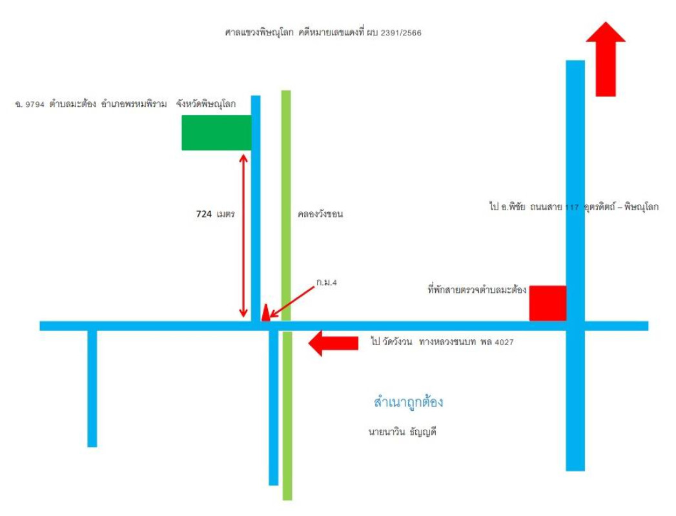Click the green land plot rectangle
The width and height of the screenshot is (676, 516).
point(216,133)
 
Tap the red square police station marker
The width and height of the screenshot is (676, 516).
point(548,303)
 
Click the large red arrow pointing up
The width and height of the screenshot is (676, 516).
point(606,59)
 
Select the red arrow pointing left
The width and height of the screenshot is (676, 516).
point(333,343)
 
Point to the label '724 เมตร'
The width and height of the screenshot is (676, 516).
point(215,214)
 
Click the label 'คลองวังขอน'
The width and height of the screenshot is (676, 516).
point(320,214)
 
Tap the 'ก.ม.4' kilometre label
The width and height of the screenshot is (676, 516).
point(326,283)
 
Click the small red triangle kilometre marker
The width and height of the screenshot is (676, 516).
point(265,313)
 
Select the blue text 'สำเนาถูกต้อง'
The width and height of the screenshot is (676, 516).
point(408,402)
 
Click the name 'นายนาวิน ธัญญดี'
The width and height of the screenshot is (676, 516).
point(402,432)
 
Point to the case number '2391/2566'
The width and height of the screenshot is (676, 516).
point(401,33)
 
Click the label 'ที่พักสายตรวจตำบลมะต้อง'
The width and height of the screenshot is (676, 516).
point(477,290)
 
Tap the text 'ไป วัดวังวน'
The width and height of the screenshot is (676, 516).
point(391,342)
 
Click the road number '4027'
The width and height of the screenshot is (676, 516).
point(504,342)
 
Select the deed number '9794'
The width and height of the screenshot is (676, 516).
point(35,104)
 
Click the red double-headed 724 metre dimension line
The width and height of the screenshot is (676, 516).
point(243,235)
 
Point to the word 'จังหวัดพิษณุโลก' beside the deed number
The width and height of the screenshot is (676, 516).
point(206,104)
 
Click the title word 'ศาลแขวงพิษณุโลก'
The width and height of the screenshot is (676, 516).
point(259,33)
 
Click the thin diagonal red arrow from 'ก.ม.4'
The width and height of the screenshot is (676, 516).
point(292,303)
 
